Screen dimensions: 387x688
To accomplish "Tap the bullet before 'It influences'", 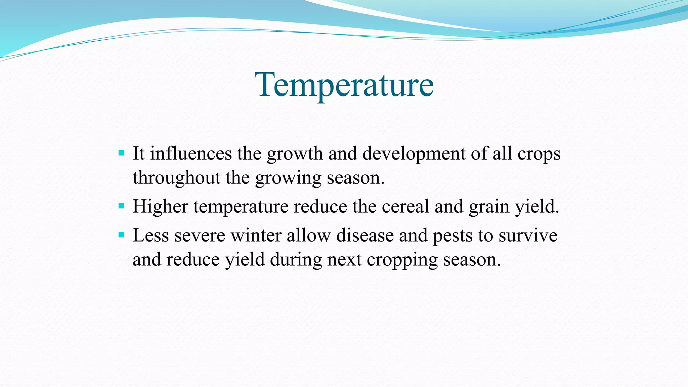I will (122, 154).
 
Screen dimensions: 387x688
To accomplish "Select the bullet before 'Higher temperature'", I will (122, 206).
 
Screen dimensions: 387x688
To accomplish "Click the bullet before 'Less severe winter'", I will (122, 234).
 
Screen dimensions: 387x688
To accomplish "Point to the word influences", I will (190, 154).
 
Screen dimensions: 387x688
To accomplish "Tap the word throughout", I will (176, 178).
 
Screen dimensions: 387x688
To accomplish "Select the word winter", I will (256, 235).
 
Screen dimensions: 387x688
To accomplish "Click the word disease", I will (365, 235).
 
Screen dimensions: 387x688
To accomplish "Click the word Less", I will (150, 235).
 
